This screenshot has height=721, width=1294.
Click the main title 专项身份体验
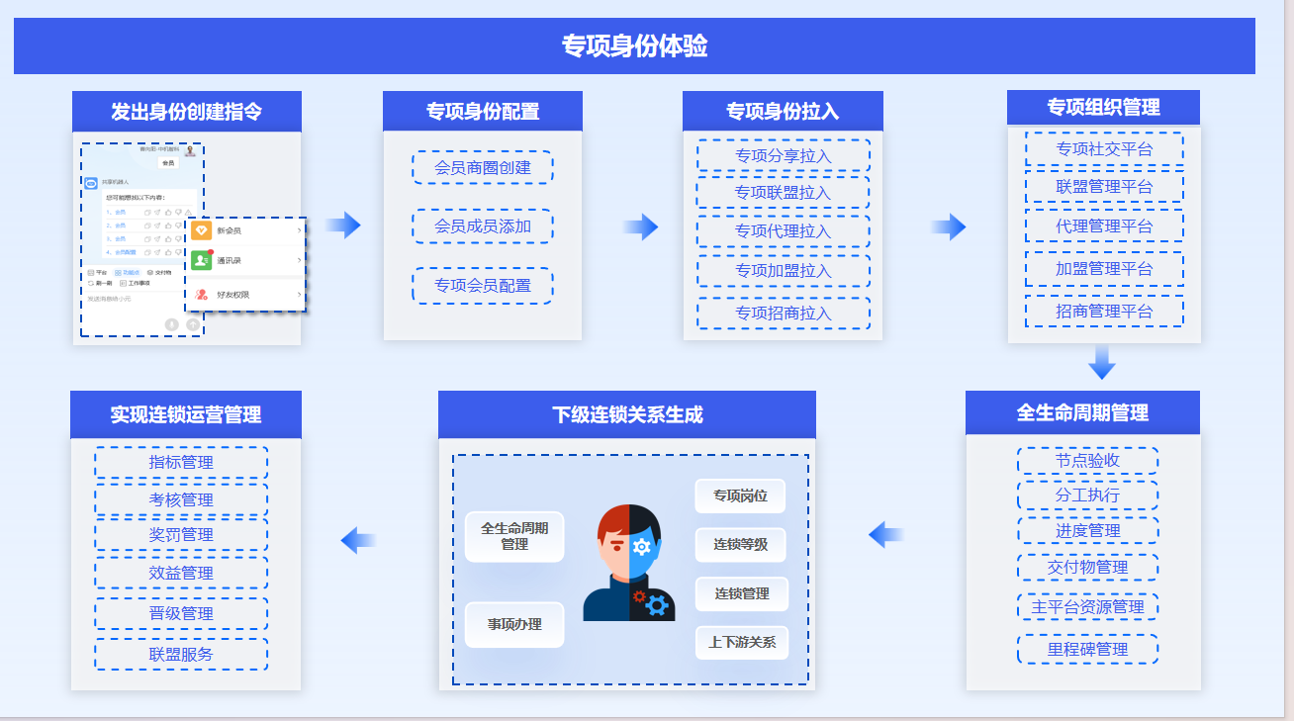click(634, 46)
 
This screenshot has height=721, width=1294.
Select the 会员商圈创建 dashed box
click(483, 168)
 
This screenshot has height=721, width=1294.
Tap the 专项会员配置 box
click(483, 286)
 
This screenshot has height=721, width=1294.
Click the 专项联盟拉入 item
click(783, 193)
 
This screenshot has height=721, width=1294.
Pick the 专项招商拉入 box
click(783, 314)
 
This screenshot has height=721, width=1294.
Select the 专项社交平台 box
click(1104, 149)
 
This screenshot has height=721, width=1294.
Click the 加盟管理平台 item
click(1104, 269)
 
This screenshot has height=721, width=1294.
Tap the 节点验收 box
click(1087, 461)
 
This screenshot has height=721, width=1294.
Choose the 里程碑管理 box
click(1087, 650)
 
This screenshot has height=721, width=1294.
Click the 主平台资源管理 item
click(1087, 607)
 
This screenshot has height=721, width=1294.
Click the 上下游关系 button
click(742, 643)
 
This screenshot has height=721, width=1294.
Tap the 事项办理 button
click(514, 625)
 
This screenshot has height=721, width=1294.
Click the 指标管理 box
click(181, 463)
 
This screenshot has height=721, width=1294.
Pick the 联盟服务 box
click(181, 655)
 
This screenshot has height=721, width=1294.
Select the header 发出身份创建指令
click(186, 112)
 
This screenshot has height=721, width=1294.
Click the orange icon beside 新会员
click(202, 230)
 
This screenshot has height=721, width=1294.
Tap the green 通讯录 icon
click(202, 260)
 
